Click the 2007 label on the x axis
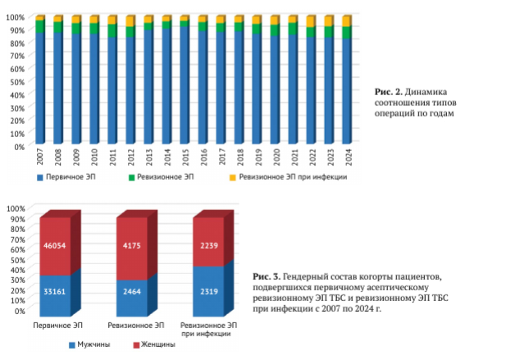point(40,157)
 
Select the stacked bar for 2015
point(185,82)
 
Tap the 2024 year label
point(346,157)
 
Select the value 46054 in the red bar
point(56,246)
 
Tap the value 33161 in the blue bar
point(56,291)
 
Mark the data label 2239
point(207,246)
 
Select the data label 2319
point(207,291)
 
